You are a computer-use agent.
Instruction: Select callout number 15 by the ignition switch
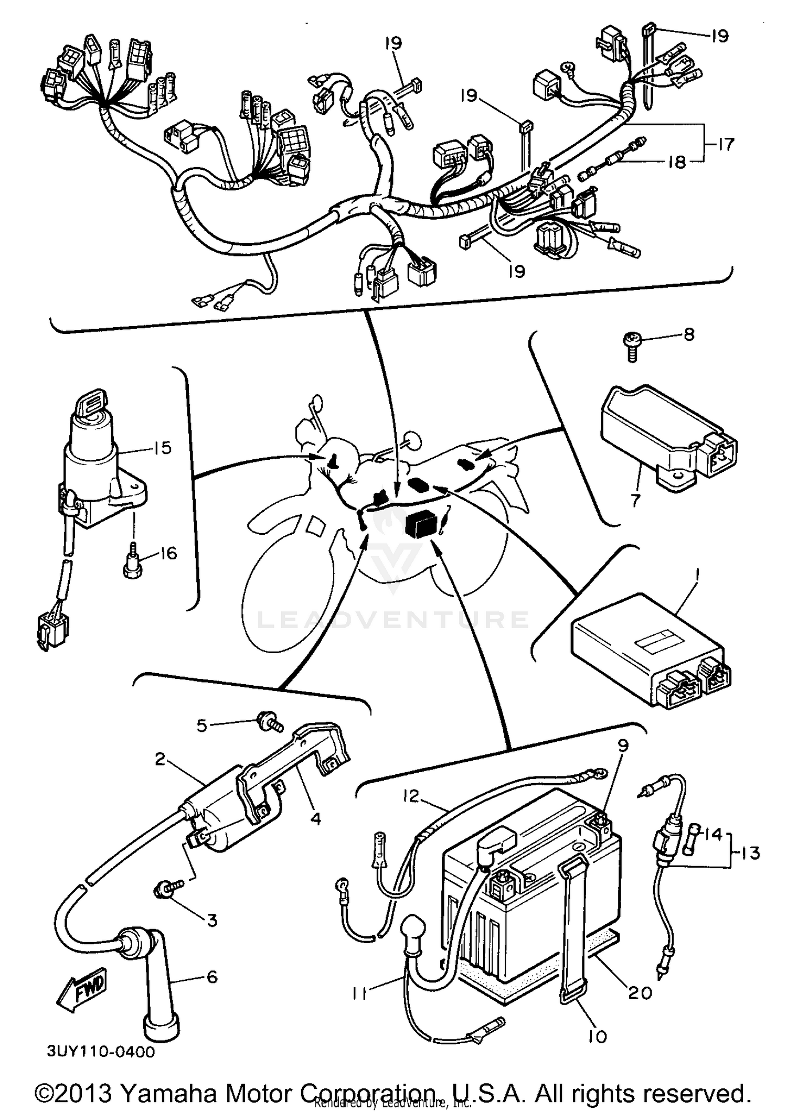(163, 448)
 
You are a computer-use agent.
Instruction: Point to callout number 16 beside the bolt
(168, 553)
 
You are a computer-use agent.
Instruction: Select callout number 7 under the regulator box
(636, 501)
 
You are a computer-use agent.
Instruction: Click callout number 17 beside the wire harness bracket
(725, 144)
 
